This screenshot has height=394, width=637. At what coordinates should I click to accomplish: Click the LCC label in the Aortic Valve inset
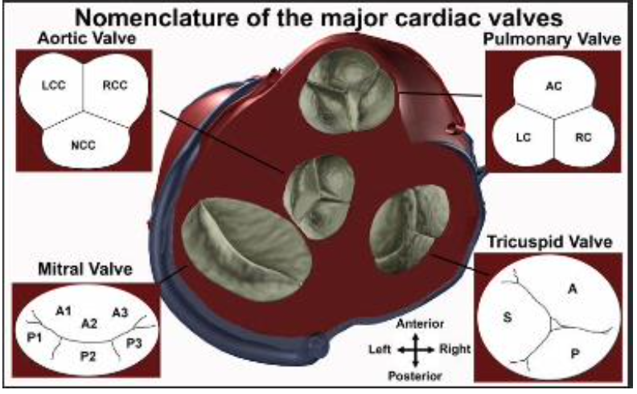click(53, 83)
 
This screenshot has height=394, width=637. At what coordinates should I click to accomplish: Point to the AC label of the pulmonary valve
click(553, 84)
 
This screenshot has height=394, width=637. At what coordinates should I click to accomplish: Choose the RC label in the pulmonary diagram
click(585, 137)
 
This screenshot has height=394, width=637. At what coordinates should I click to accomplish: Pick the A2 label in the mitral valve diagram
click(89, 322)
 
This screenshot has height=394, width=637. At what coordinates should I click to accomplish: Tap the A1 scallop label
click(64, 309)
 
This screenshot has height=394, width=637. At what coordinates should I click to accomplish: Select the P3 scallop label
click(134, 342)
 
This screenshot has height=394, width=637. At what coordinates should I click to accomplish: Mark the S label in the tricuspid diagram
click(508, 316)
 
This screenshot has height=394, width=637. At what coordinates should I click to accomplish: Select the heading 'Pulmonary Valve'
click(553, 40)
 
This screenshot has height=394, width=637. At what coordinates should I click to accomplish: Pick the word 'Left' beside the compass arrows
click(380, 350)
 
